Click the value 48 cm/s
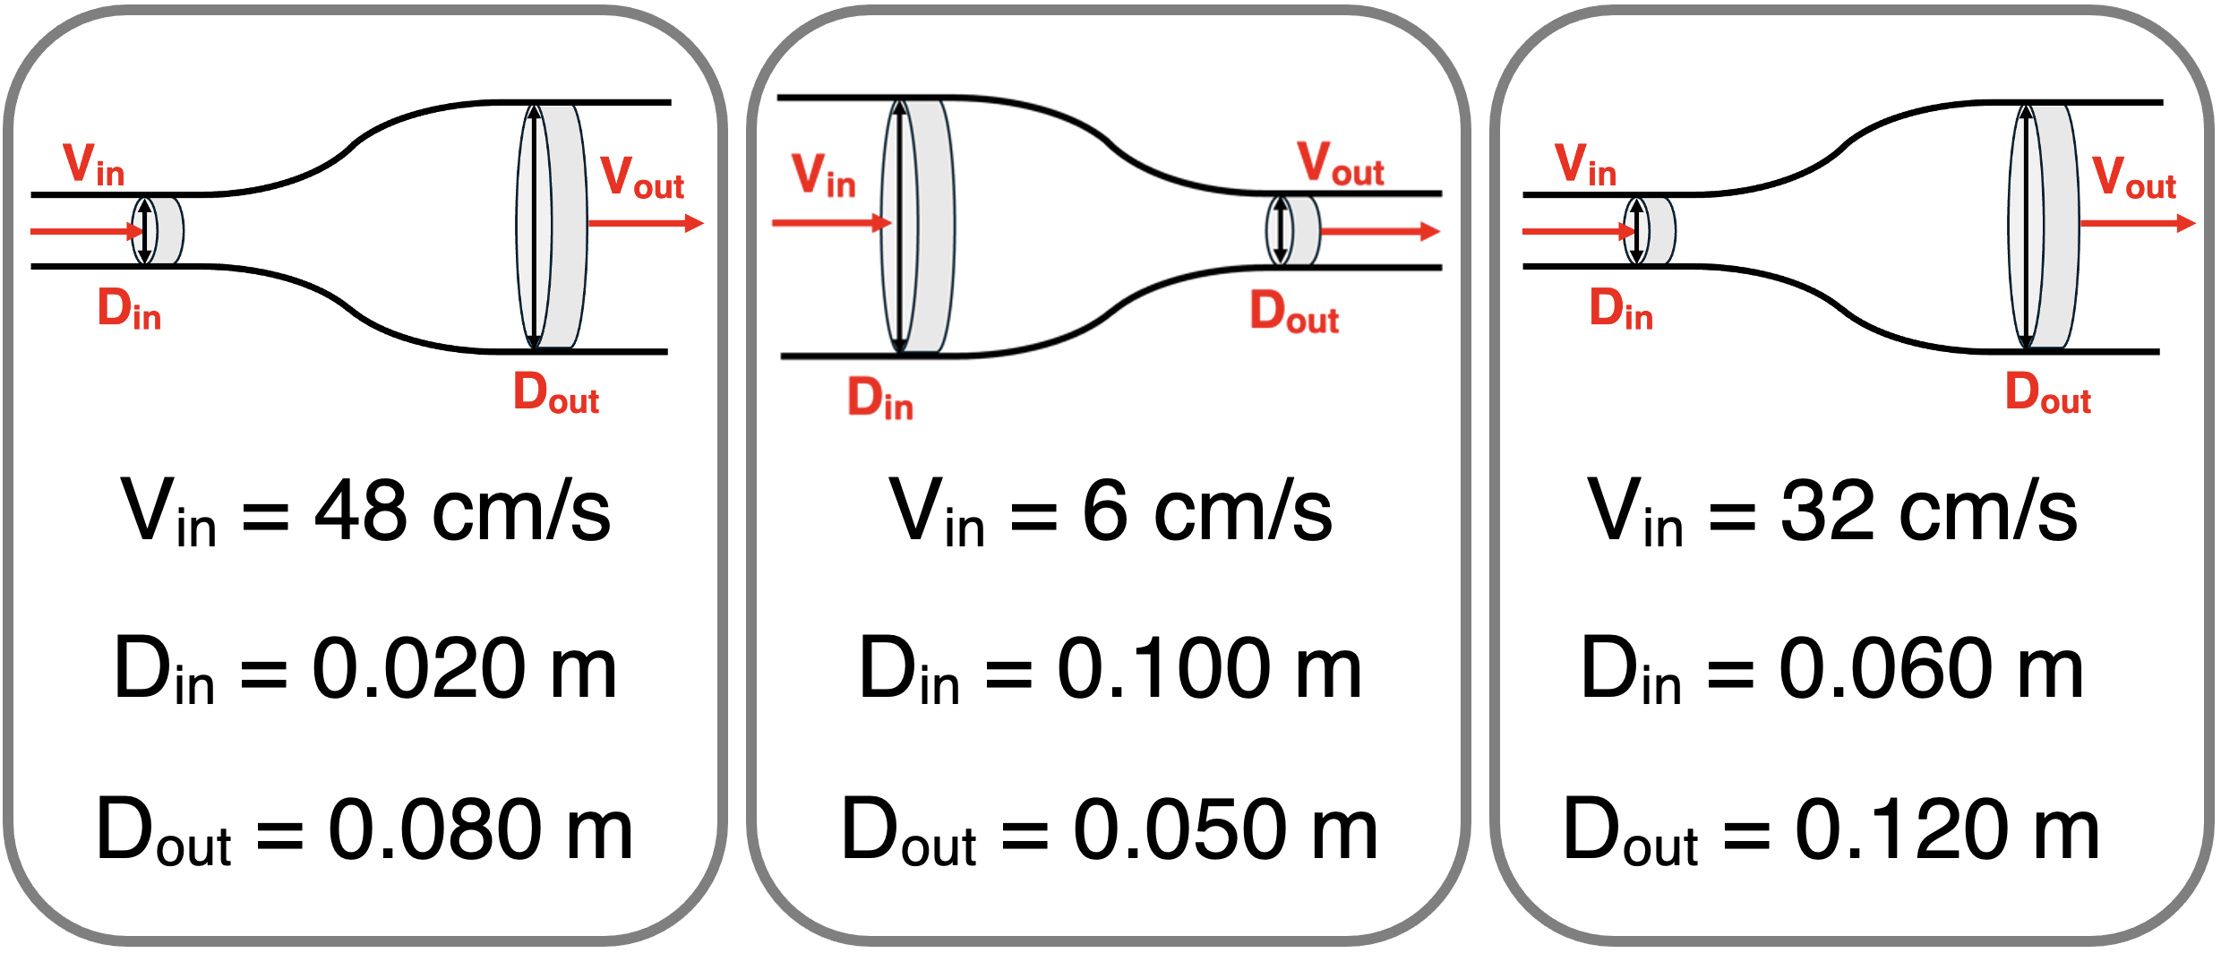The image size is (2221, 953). click(461, 512)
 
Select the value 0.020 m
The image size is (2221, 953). click(464, 669)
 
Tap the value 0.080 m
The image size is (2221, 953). click(480, 830)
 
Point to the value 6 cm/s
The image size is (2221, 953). click(1206, 512)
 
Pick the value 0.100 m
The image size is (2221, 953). click(1209, 669)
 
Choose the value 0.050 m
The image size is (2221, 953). click(1225, 830)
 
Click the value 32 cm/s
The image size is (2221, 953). click(1928, 512)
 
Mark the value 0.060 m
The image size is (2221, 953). click(1931, 669)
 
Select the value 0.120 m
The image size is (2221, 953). click(1947, 830)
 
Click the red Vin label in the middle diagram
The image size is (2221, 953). click(823, 176)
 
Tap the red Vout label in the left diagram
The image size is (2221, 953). click(641, 177)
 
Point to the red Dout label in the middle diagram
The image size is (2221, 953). click(1294, 313)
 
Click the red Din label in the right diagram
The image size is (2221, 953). click(1620, 310)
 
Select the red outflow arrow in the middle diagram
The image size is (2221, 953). click(1379, 232)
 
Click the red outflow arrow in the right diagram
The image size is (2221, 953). click(2137, 223)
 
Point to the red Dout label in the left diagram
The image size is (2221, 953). click(555, 394)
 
